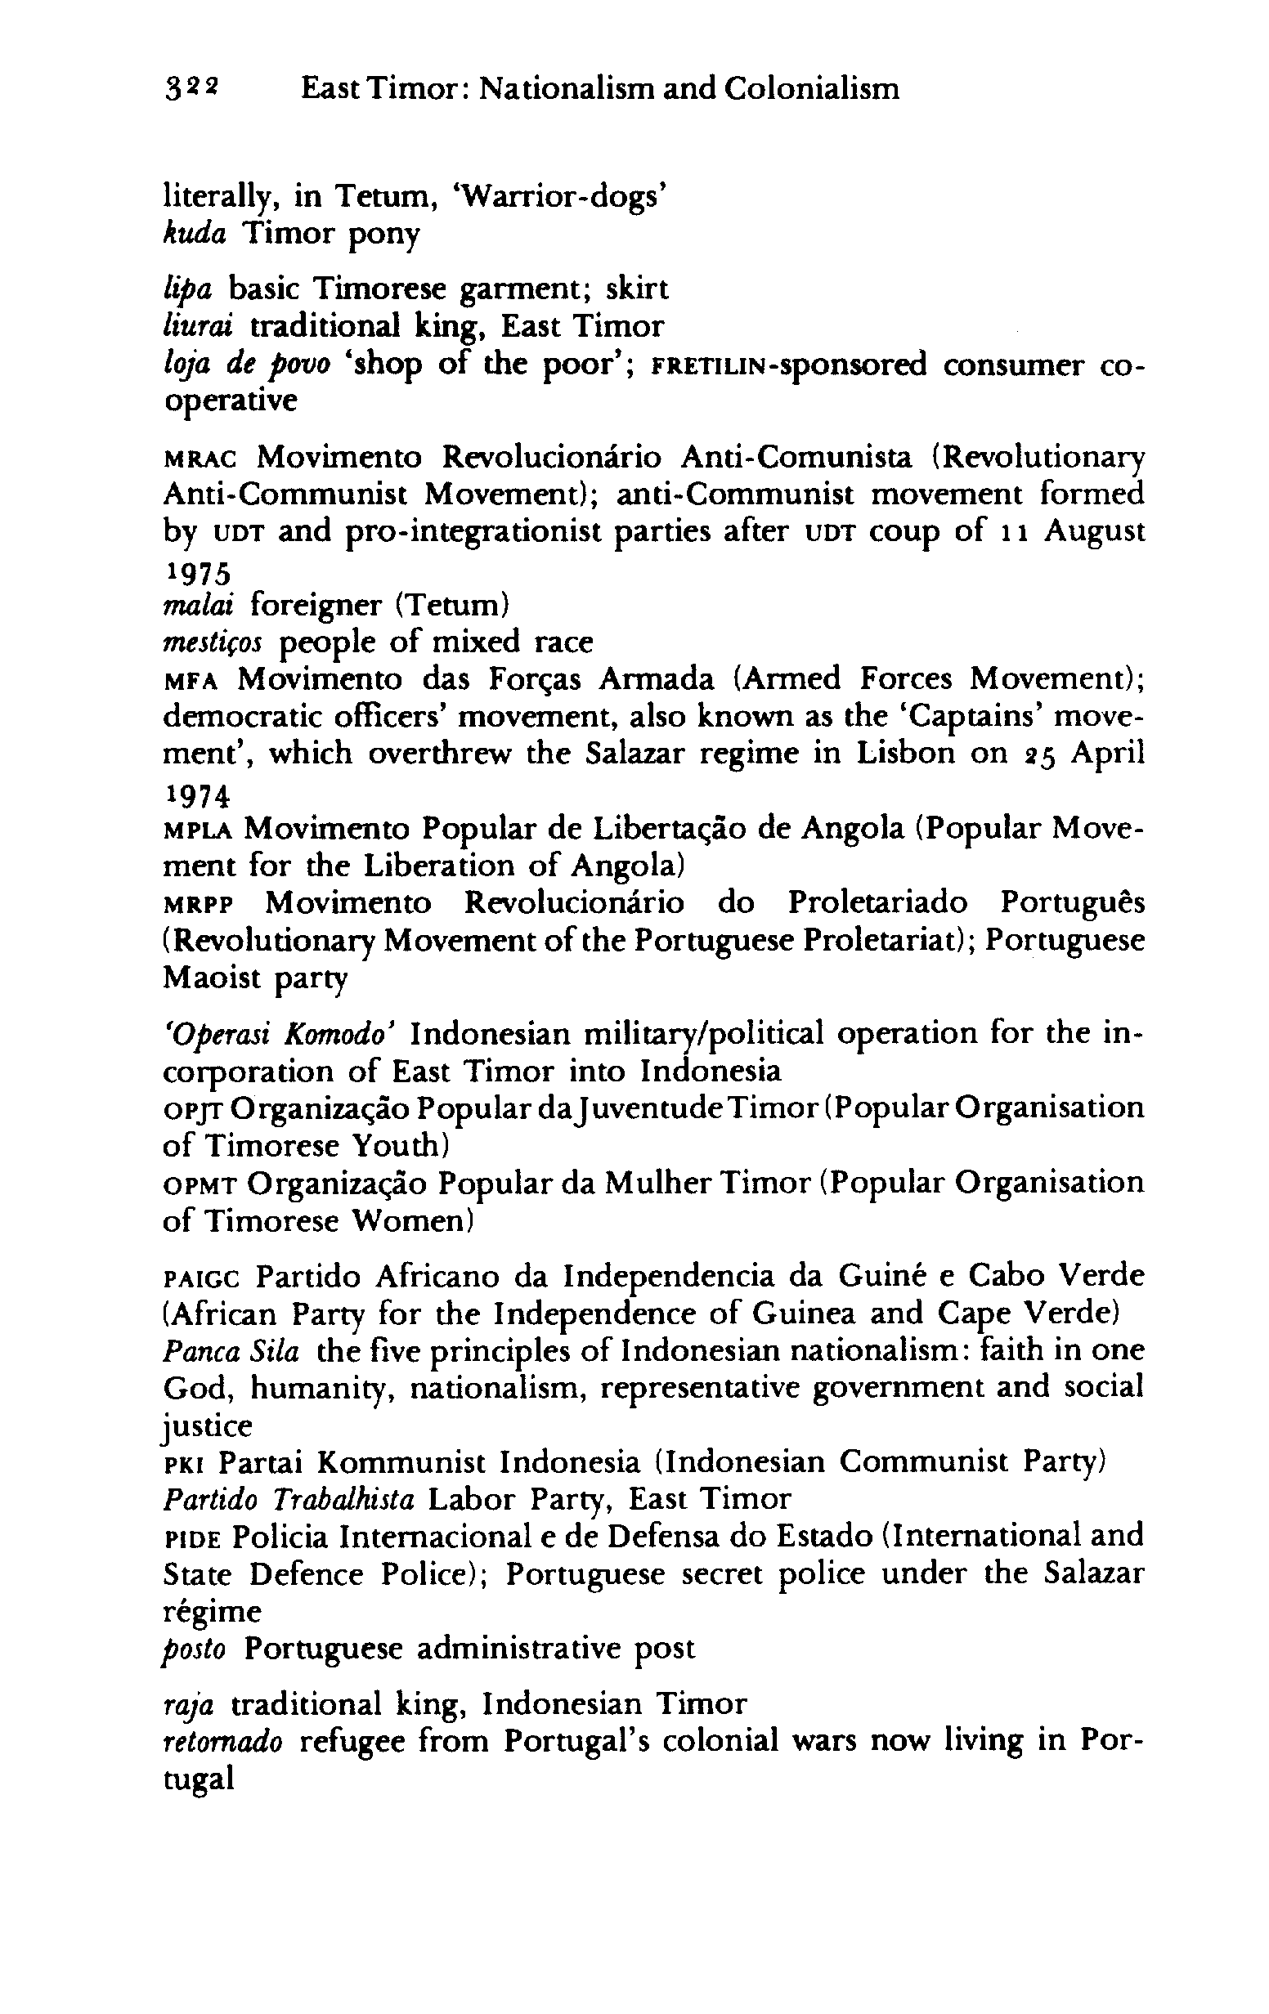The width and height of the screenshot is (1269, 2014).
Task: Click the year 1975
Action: click(x=195, y=574)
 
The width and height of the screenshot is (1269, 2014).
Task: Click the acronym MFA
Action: click(x=191, y=680)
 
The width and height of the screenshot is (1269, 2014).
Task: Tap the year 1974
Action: click(x=195, y=798)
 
